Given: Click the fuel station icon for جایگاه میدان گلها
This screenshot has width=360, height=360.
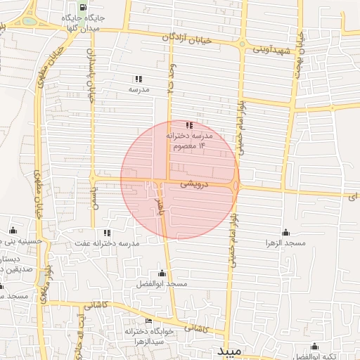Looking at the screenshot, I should tap(84, 8).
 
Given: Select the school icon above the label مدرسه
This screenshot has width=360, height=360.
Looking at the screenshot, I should tap(139, 79).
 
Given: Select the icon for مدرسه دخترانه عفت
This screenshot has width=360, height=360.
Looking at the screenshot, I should tap(107, 232).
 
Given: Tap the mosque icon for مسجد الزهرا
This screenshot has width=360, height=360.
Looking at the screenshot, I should tap(285, 233).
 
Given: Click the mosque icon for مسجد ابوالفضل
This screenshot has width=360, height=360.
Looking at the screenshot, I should tap(162, 273).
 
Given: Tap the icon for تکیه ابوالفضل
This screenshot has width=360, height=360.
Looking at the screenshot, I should tap(314, 347).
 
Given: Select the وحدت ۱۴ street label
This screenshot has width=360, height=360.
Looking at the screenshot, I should tap(170, 79).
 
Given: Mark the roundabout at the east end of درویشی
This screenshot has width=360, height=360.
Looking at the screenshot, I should tap(236, 185).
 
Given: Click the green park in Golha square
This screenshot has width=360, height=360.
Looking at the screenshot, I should tap(29, 21).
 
